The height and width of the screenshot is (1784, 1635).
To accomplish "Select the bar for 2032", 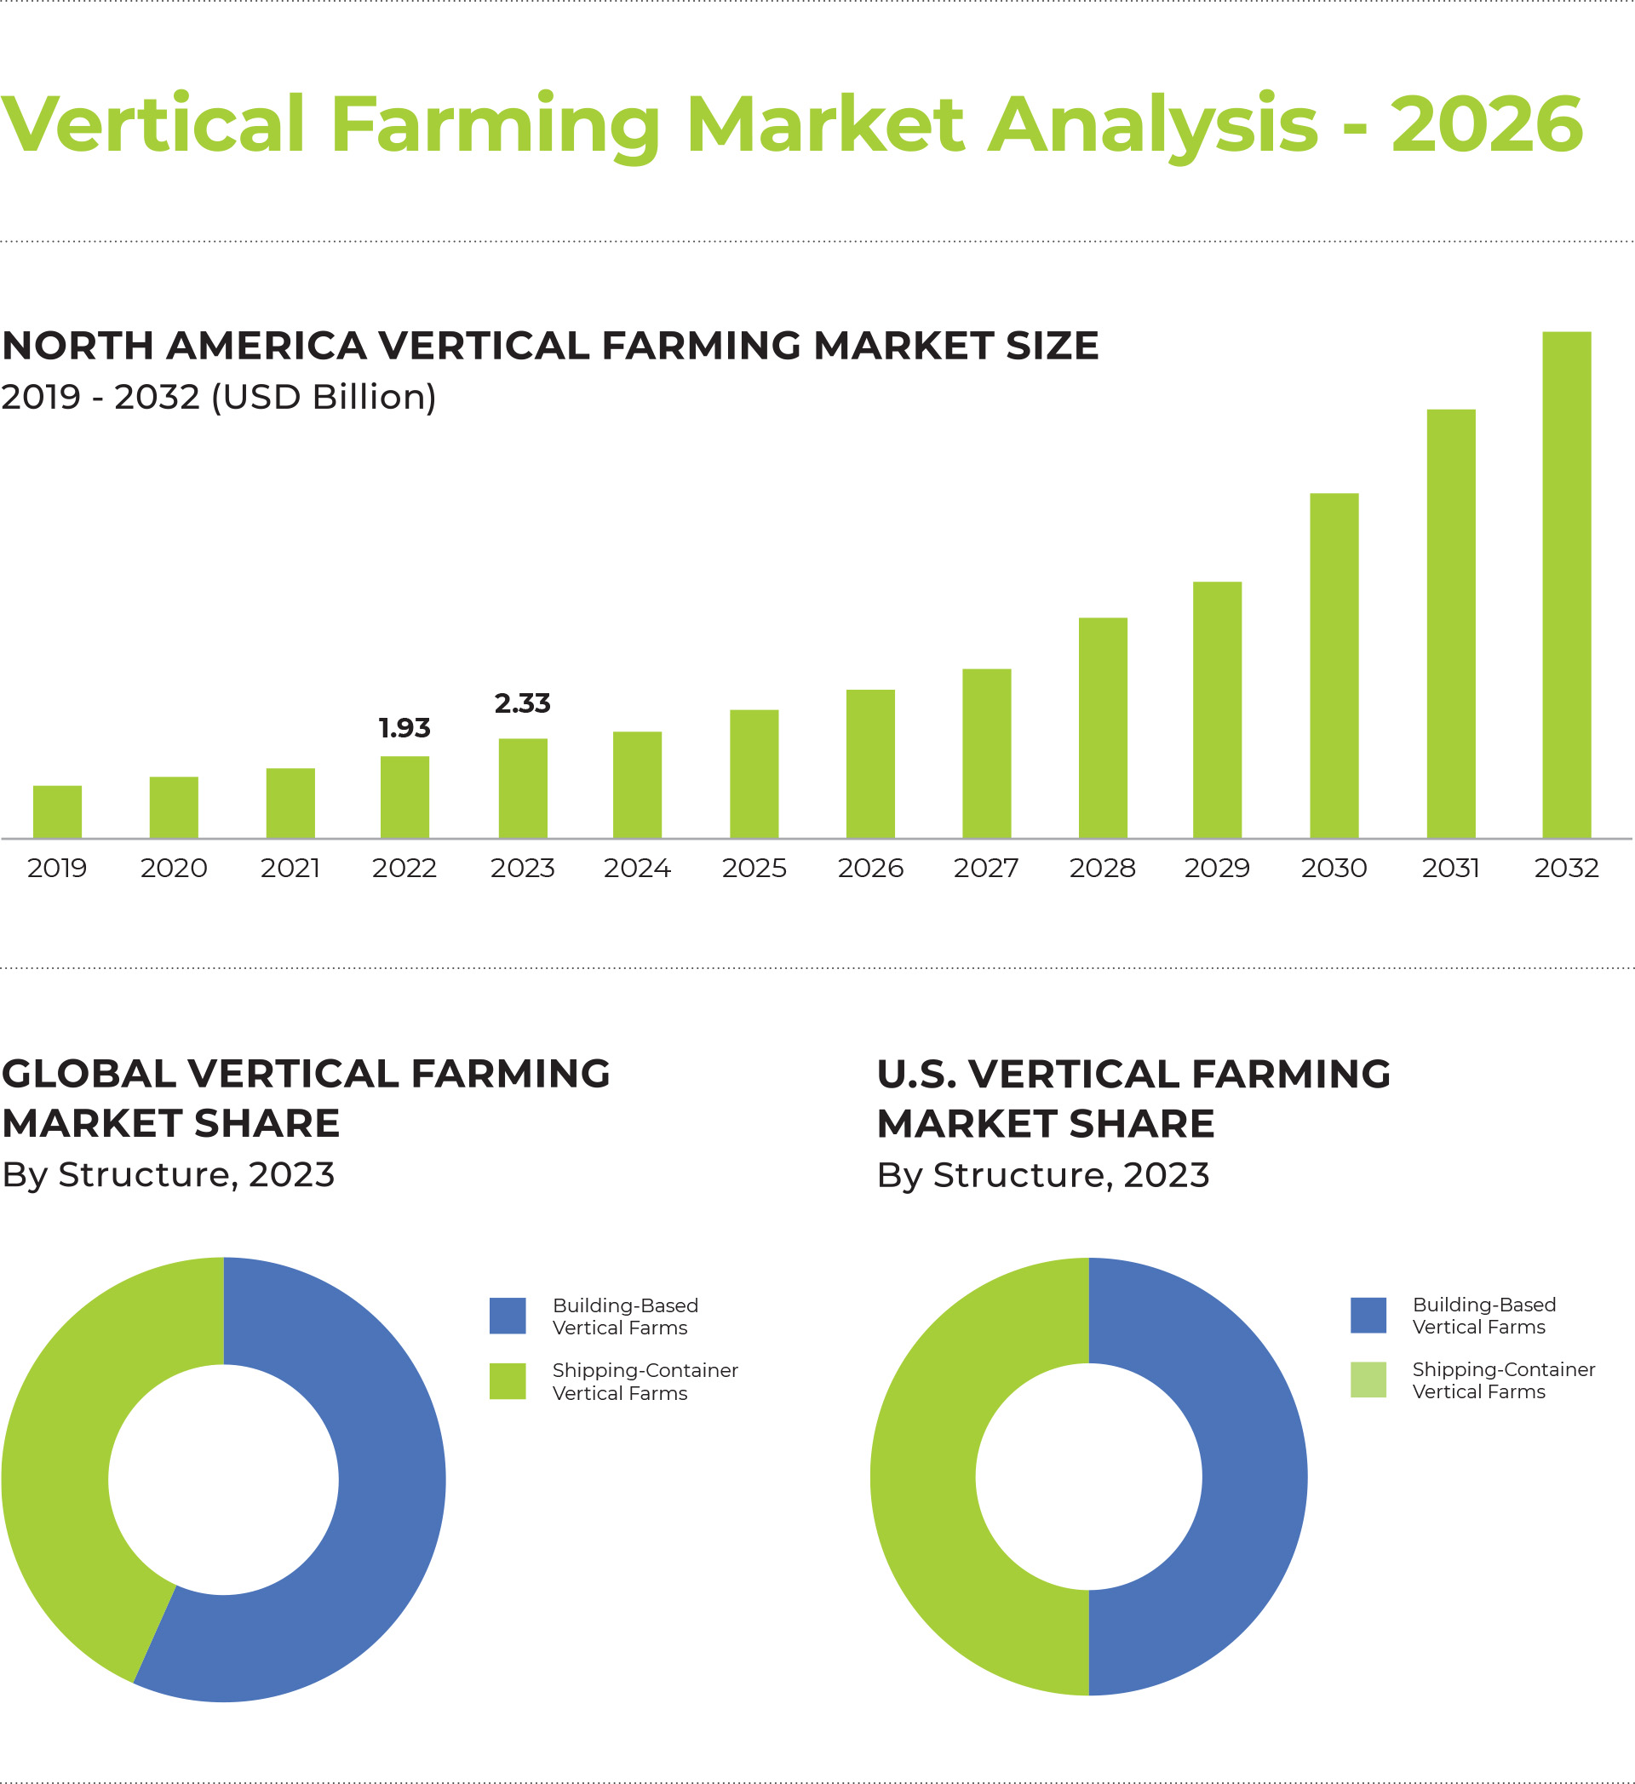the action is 1566,585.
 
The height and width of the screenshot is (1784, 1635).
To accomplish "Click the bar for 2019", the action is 58,812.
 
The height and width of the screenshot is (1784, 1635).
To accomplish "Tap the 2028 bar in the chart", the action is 1103,727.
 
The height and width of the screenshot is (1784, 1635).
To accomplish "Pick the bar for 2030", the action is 1334,665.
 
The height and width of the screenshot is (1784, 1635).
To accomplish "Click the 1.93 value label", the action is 404,727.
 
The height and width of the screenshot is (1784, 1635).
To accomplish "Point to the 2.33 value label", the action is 522,703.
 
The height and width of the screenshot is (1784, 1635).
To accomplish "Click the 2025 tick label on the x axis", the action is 754,867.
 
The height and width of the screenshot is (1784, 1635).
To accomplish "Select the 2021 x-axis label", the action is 290,867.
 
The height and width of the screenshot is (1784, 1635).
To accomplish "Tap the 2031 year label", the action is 1450,867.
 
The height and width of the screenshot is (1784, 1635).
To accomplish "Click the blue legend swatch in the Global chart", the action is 508,1316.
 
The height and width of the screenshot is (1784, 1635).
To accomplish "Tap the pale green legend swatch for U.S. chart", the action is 1368,1380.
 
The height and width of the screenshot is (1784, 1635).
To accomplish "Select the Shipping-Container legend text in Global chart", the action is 645,1381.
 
